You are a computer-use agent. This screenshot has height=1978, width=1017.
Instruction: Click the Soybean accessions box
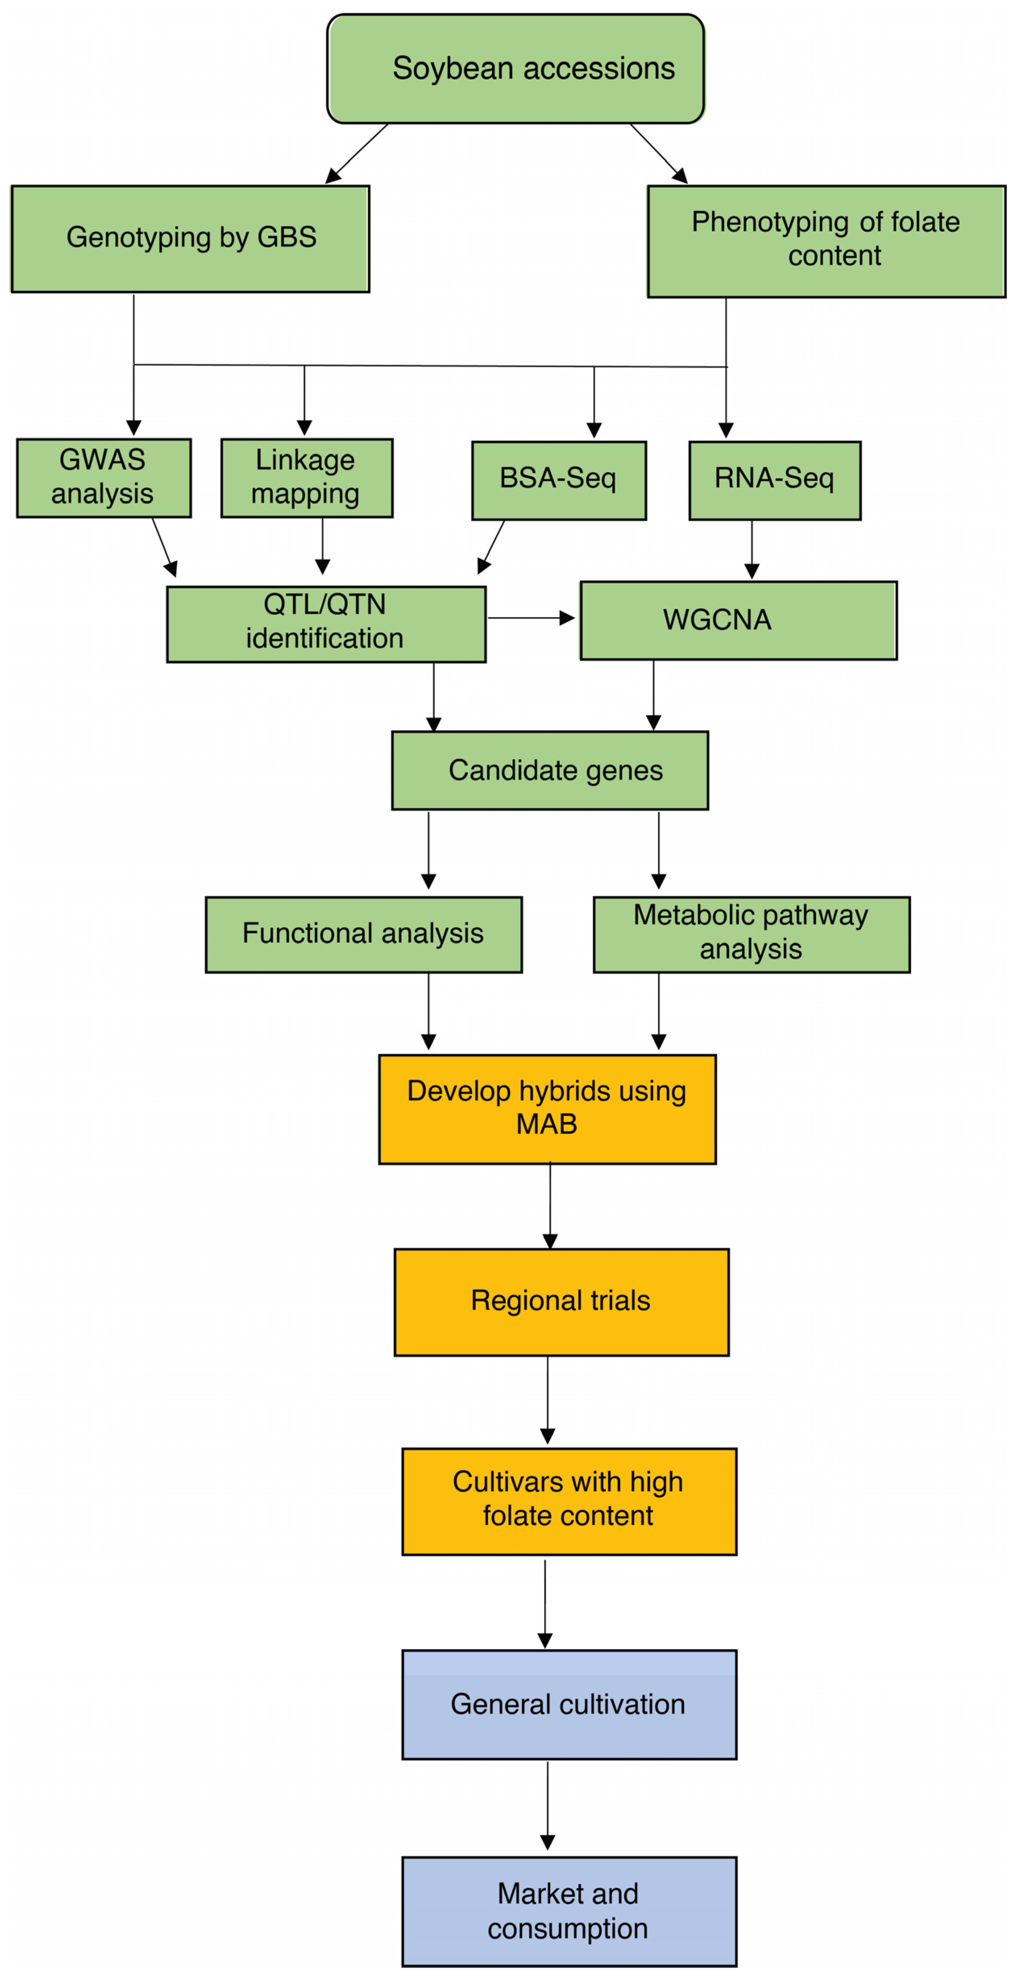click(x=515, y=69)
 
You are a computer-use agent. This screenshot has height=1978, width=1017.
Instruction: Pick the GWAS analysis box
click(x=104, y=478)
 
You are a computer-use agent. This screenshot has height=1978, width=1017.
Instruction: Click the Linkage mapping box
click(x=306, y=478)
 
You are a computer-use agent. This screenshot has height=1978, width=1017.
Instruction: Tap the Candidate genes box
click(x=550, y=770)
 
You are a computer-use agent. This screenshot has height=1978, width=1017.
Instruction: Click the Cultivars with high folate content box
click(x=569, y=1501)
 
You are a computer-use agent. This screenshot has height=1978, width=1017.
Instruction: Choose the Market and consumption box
click(x=569, y=1911)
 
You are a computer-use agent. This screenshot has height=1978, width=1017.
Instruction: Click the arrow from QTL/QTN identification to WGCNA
click(x=531, y=617)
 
